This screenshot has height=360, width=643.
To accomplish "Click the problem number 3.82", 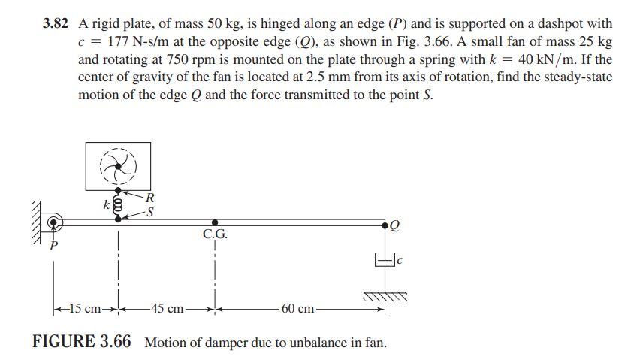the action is (58, 24).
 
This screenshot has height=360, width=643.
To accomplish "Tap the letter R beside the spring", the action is (150, 198).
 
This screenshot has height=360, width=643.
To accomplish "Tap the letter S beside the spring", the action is (150, 213).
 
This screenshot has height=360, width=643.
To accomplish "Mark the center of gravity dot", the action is (216, 223).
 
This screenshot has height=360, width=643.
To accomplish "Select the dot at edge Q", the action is (385, 223).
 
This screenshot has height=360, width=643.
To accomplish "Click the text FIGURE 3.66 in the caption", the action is (82, 343).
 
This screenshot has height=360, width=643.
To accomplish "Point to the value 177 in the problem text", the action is (110, 41).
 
